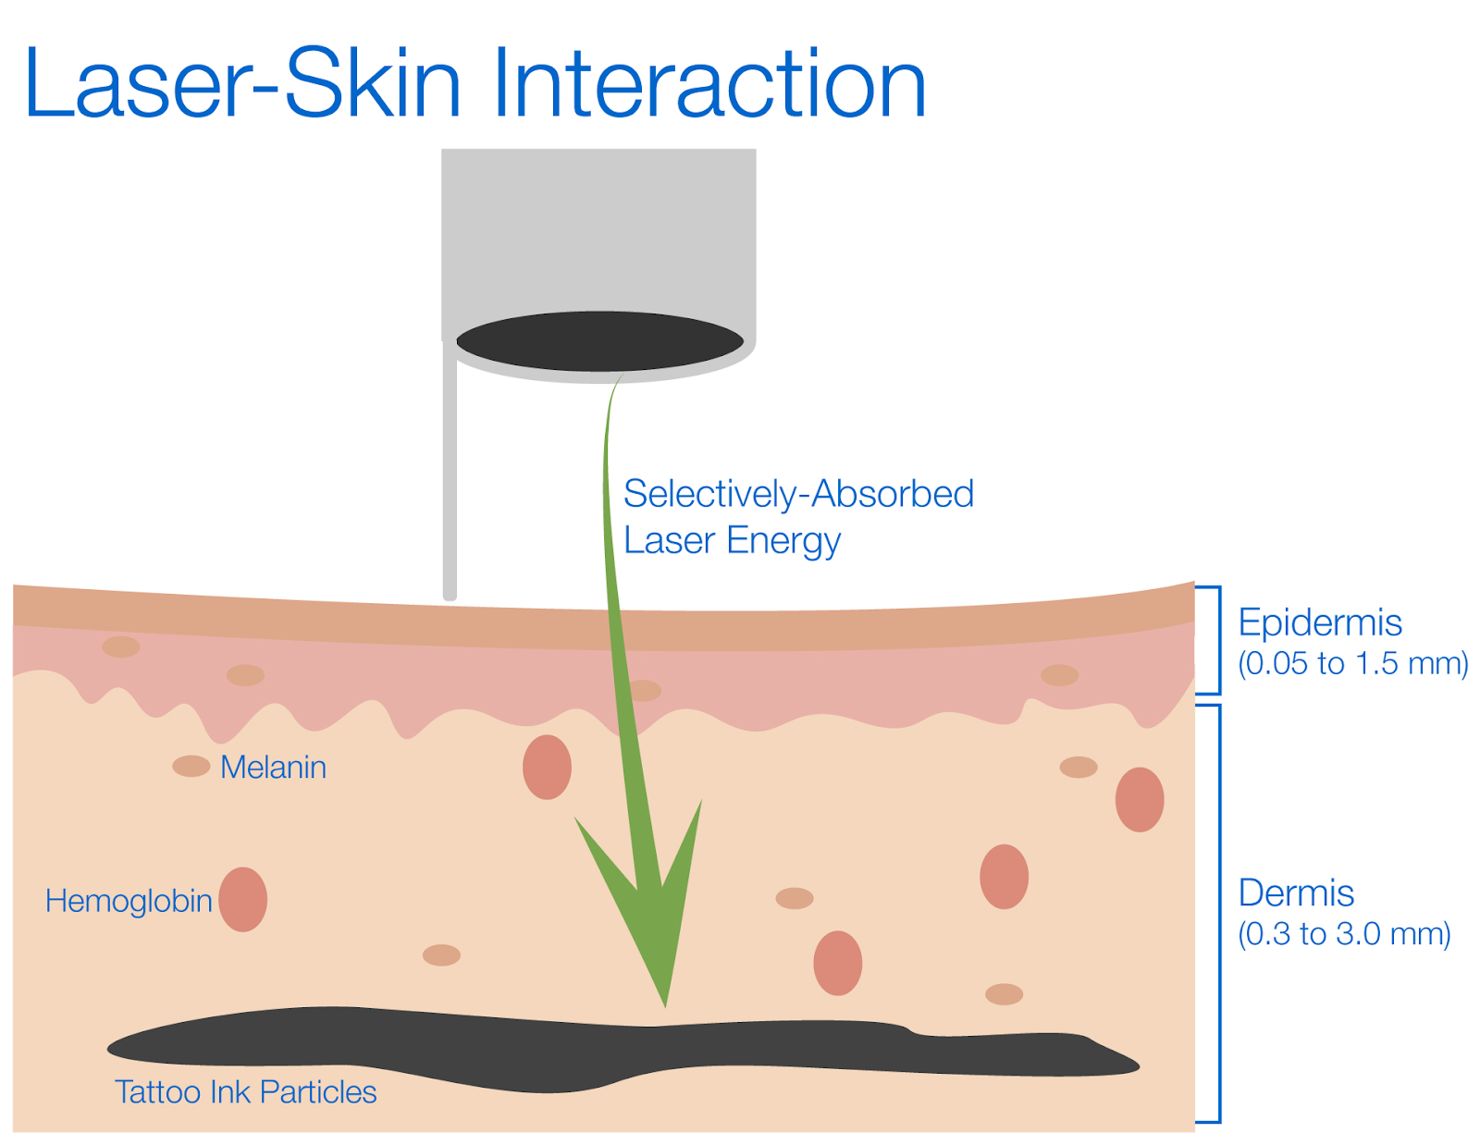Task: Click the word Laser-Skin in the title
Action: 242,85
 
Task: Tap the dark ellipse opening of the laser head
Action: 599,341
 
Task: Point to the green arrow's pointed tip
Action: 664,1003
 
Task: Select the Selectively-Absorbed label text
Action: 798,495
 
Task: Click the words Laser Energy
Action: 732,541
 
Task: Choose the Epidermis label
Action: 1320,623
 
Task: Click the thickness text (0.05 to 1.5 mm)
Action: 1352,664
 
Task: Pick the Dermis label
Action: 1296,893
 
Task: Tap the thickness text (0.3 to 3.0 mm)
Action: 1344,934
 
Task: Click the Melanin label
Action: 273,768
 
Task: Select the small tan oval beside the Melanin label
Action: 191,767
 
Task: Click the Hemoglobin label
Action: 129,902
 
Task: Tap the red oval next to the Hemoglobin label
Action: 243,899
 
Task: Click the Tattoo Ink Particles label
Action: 245,1092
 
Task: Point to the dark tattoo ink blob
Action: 555,1050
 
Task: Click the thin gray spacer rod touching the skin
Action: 450,481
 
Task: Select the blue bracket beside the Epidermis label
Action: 1217,640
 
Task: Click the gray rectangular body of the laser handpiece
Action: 598,231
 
